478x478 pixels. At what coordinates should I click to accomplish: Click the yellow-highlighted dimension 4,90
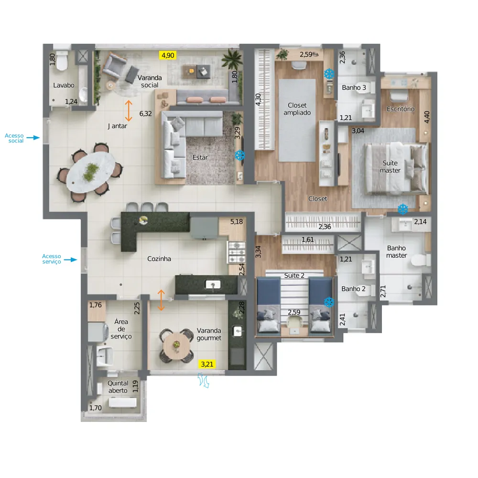(x=168, y=55)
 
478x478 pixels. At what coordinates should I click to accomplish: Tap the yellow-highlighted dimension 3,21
(x=207, y=364)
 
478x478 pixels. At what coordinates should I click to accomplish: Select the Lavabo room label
(x=64, y=86)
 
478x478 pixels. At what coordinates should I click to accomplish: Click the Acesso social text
(x=14, y=138)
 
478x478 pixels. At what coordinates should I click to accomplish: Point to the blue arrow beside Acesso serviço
(x=70, y=260)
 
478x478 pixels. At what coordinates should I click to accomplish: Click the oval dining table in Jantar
(x=91, y=172)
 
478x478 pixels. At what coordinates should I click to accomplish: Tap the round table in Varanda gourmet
(x=176, y=346)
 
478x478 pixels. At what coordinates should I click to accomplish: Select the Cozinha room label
(x=159, y=259)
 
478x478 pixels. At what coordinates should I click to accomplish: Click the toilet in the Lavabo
(x=62, y=61)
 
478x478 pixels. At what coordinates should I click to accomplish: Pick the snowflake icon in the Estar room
(x=240, y=155)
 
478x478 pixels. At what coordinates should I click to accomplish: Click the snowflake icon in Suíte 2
(x=329, y=302)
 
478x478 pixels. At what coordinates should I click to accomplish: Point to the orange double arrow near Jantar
(x=129, y=111)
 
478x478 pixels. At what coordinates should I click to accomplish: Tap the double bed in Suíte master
(x=396, y=169)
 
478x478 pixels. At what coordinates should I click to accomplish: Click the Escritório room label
(x=401, y=109)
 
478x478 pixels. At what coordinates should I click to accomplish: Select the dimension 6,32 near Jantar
(x=145, y=114)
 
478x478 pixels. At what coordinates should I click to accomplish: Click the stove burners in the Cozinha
(x=237, y=252)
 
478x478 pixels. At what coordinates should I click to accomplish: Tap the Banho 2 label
(x=353, y=289)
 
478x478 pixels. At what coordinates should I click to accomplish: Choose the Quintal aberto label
(x=118, y=387)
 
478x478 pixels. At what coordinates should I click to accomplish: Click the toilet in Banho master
(x=421, y=260)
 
